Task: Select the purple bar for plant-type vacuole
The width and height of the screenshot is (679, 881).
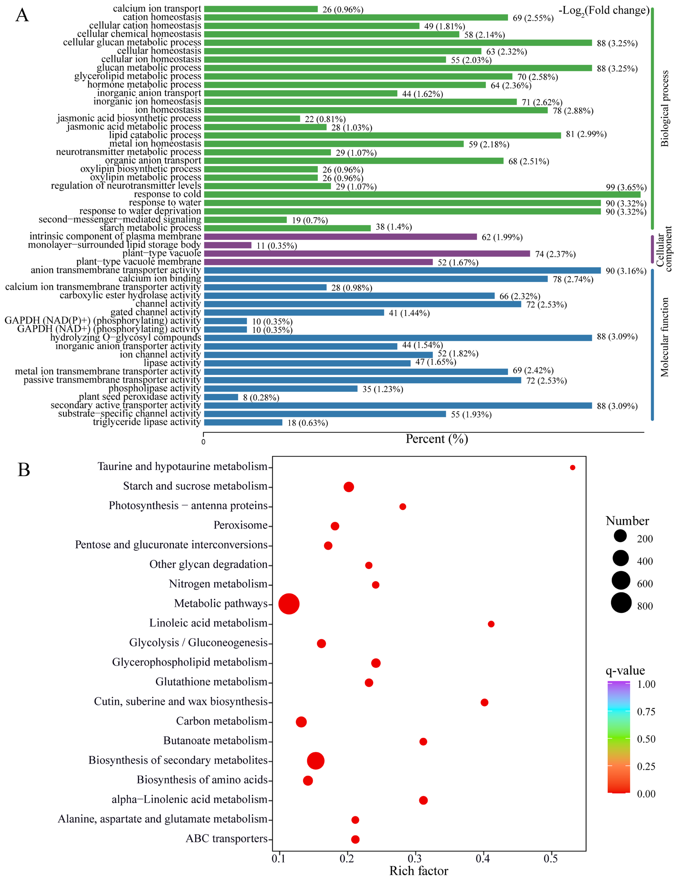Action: click(x=367, y=253)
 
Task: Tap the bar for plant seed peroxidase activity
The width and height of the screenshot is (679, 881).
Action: click(x=221, y=397)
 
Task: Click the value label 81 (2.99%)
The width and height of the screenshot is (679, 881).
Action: click(x=586, y=134)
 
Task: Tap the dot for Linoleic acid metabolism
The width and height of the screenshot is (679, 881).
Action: click(x=491, y=624)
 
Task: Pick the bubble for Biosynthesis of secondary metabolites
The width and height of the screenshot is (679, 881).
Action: click(x=316, y=761)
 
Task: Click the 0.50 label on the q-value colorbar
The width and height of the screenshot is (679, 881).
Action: click(x=646, y=739)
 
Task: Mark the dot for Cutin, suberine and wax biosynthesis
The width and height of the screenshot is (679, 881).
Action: click(x=484, y=702)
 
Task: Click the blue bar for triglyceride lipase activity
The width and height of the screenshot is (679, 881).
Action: click(x=243, y=422)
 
